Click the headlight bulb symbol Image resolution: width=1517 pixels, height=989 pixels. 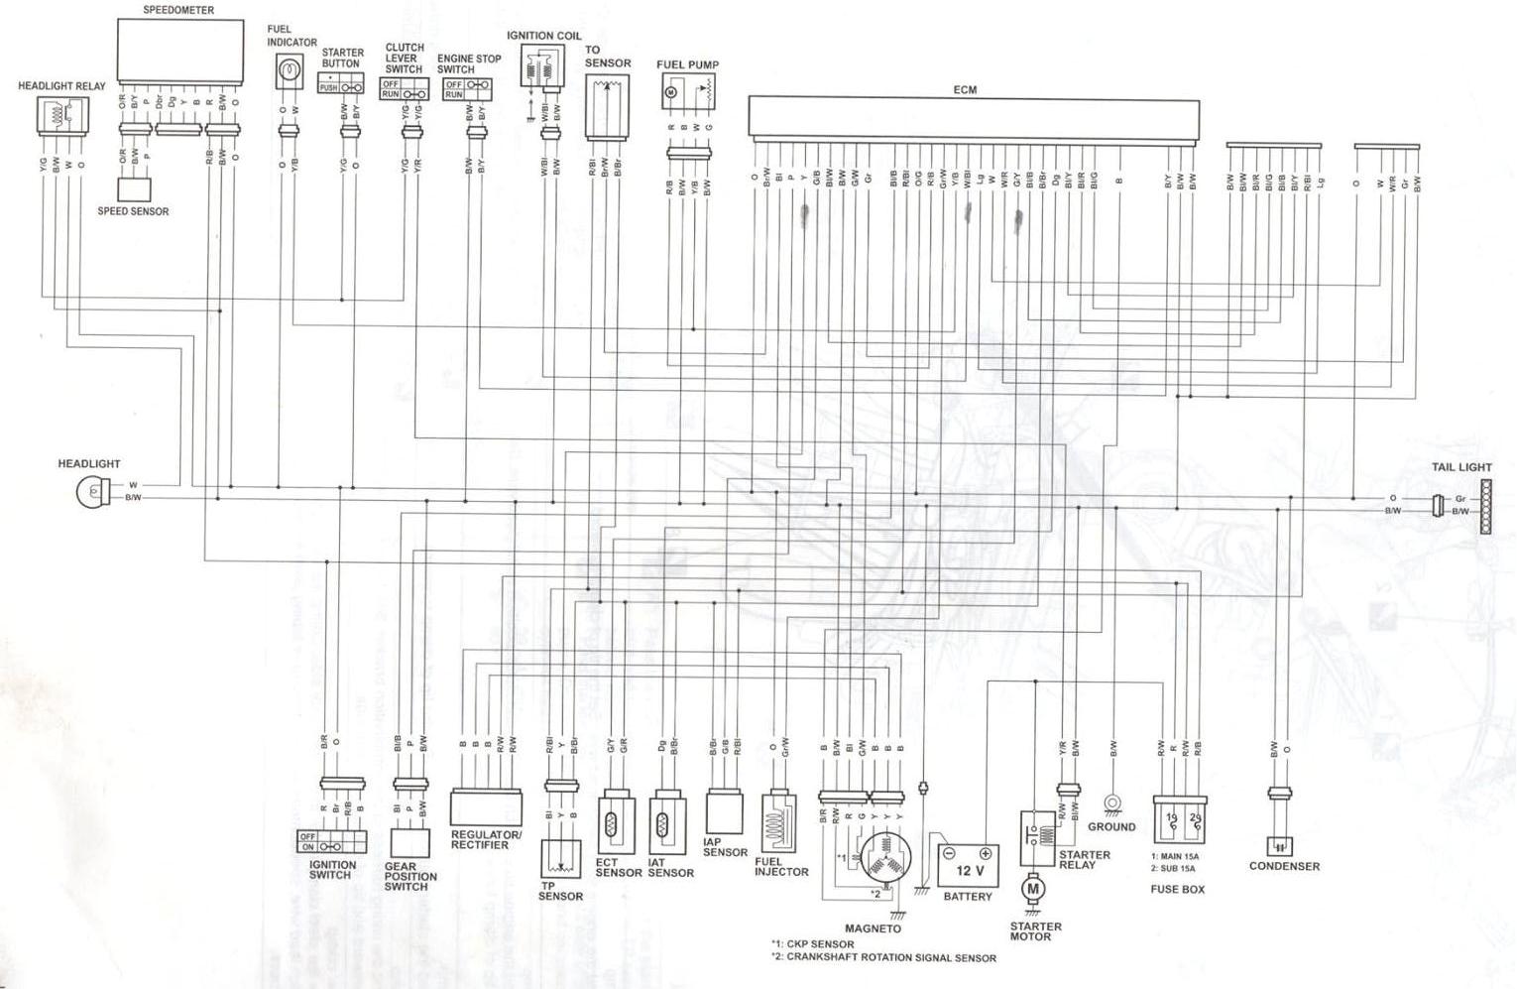point(91,491)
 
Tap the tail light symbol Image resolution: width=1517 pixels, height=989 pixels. point(1485,507)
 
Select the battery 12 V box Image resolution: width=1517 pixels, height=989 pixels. point(969,867)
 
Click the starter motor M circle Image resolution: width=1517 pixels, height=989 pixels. point(1032,889)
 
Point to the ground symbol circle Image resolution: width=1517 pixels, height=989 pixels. point(1111,803)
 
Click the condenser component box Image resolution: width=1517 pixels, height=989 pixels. point(1279,846)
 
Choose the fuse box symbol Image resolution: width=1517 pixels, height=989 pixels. point(1179,820)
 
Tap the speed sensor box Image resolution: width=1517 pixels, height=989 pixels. point(134,187)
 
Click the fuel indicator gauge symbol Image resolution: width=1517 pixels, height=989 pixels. point(289,70)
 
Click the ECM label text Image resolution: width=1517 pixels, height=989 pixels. point(965,90)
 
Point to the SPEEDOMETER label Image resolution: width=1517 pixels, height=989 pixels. point(178,10)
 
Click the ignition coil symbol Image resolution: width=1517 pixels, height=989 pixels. point(542,69)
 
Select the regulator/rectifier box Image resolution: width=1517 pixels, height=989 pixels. point(486,808)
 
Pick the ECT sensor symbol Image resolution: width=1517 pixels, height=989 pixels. point(612,822)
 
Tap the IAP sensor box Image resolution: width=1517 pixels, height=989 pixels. point(725,811)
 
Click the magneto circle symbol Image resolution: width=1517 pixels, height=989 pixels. point(884,860)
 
